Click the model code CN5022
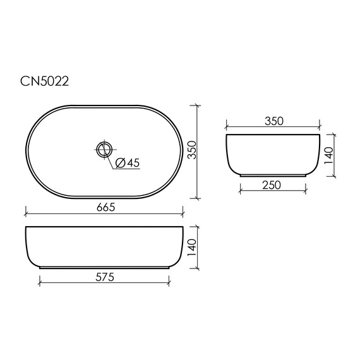pyautogui.click(x=45, y=81)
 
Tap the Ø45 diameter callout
pyautogui.click(x=128, y=163)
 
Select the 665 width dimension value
pyautogui.click(x=106, y=208)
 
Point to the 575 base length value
pyautogui.click(x=105, y=277)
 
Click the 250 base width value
pyautogui.click(x=272, y=185)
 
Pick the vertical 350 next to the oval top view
pyautogui.click(x=192, y=150)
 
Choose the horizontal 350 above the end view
pyautogui.click(x=274, y=121)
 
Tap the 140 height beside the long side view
pyautogui.click(x=192, y=248)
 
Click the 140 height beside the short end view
pyautogui.click(x=328, y=155)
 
